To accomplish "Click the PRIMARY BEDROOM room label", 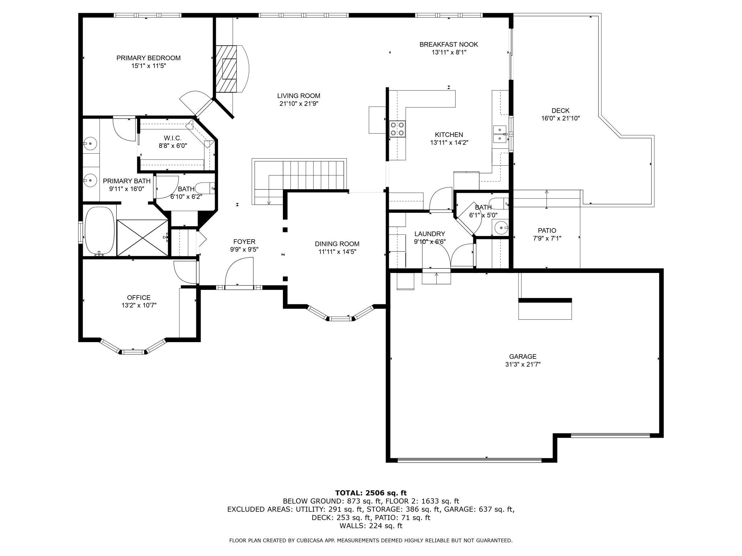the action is tap(148, 58).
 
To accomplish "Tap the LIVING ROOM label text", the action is tap(299, 96).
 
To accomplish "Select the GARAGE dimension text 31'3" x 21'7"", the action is tap(523, 365).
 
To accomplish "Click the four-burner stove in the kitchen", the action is tap(397, 129).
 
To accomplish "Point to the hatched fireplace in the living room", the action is tap(227, 69).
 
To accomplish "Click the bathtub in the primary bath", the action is tap(100, 231).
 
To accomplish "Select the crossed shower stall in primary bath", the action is tap(142, 238).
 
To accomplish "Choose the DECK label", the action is tap(560, 111).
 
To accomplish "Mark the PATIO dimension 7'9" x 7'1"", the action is tap(547, 238).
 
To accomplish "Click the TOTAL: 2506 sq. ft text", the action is tap(371, 493).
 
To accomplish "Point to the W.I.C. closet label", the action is tap(173, 138).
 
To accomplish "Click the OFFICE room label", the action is tap(139, 298).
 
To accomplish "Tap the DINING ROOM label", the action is tap(337, 244).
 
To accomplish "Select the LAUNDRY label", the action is tap(430, 234).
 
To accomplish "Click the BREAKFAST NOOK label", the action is tap(449, 45).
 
